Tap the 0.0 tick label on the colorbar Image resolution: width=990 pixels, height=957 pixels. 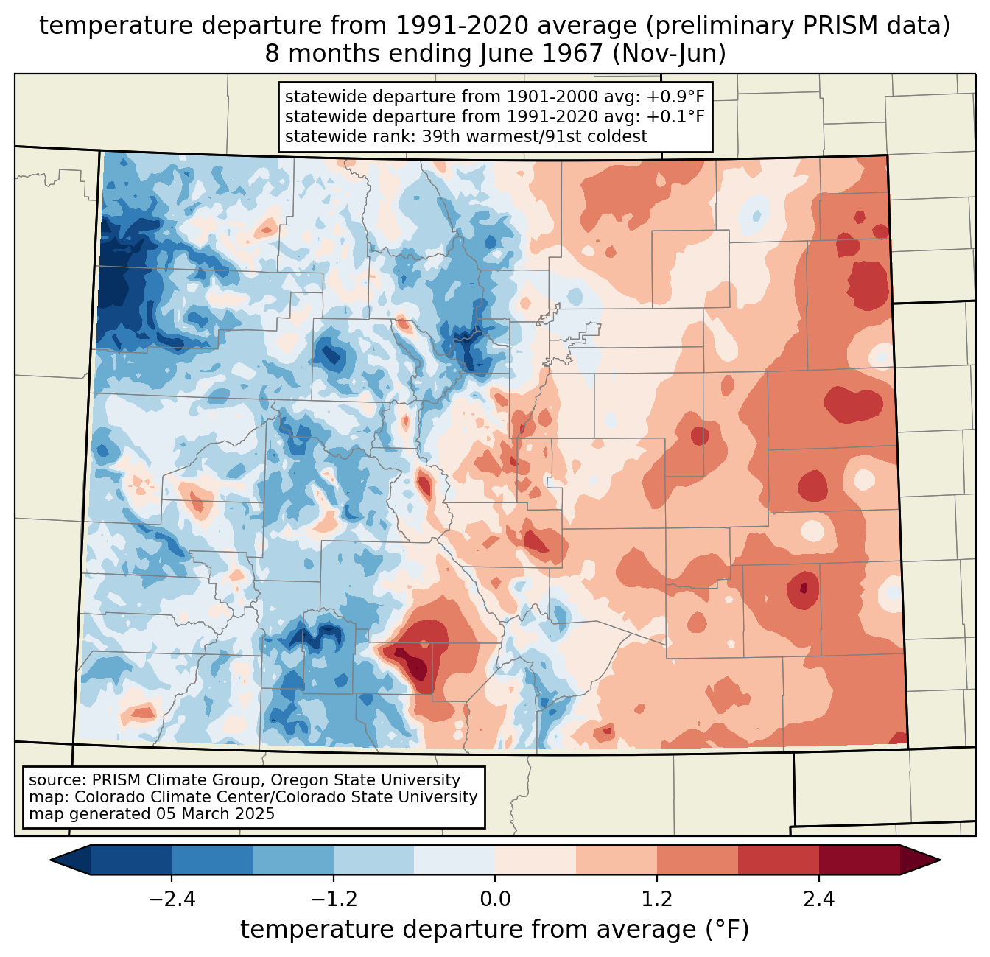(x=495, y=900)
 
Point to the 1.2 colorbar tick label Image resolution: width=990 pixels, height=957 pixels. (x=656, y=900)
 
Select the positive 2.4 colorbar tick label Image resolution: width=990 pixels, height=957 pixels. (x=818, y=900)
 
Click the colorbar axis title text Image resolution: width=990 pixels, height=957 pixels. (x=495, y=930)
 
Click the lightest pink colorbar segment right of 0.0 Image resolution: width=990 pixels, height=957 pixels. (x=536, y=860)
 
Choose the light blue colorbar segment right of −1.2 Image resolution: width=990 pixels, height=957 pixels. (x=373, y=860)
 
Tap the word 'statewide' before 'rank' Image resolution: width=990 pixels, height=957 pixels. (x=320, y=136)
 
